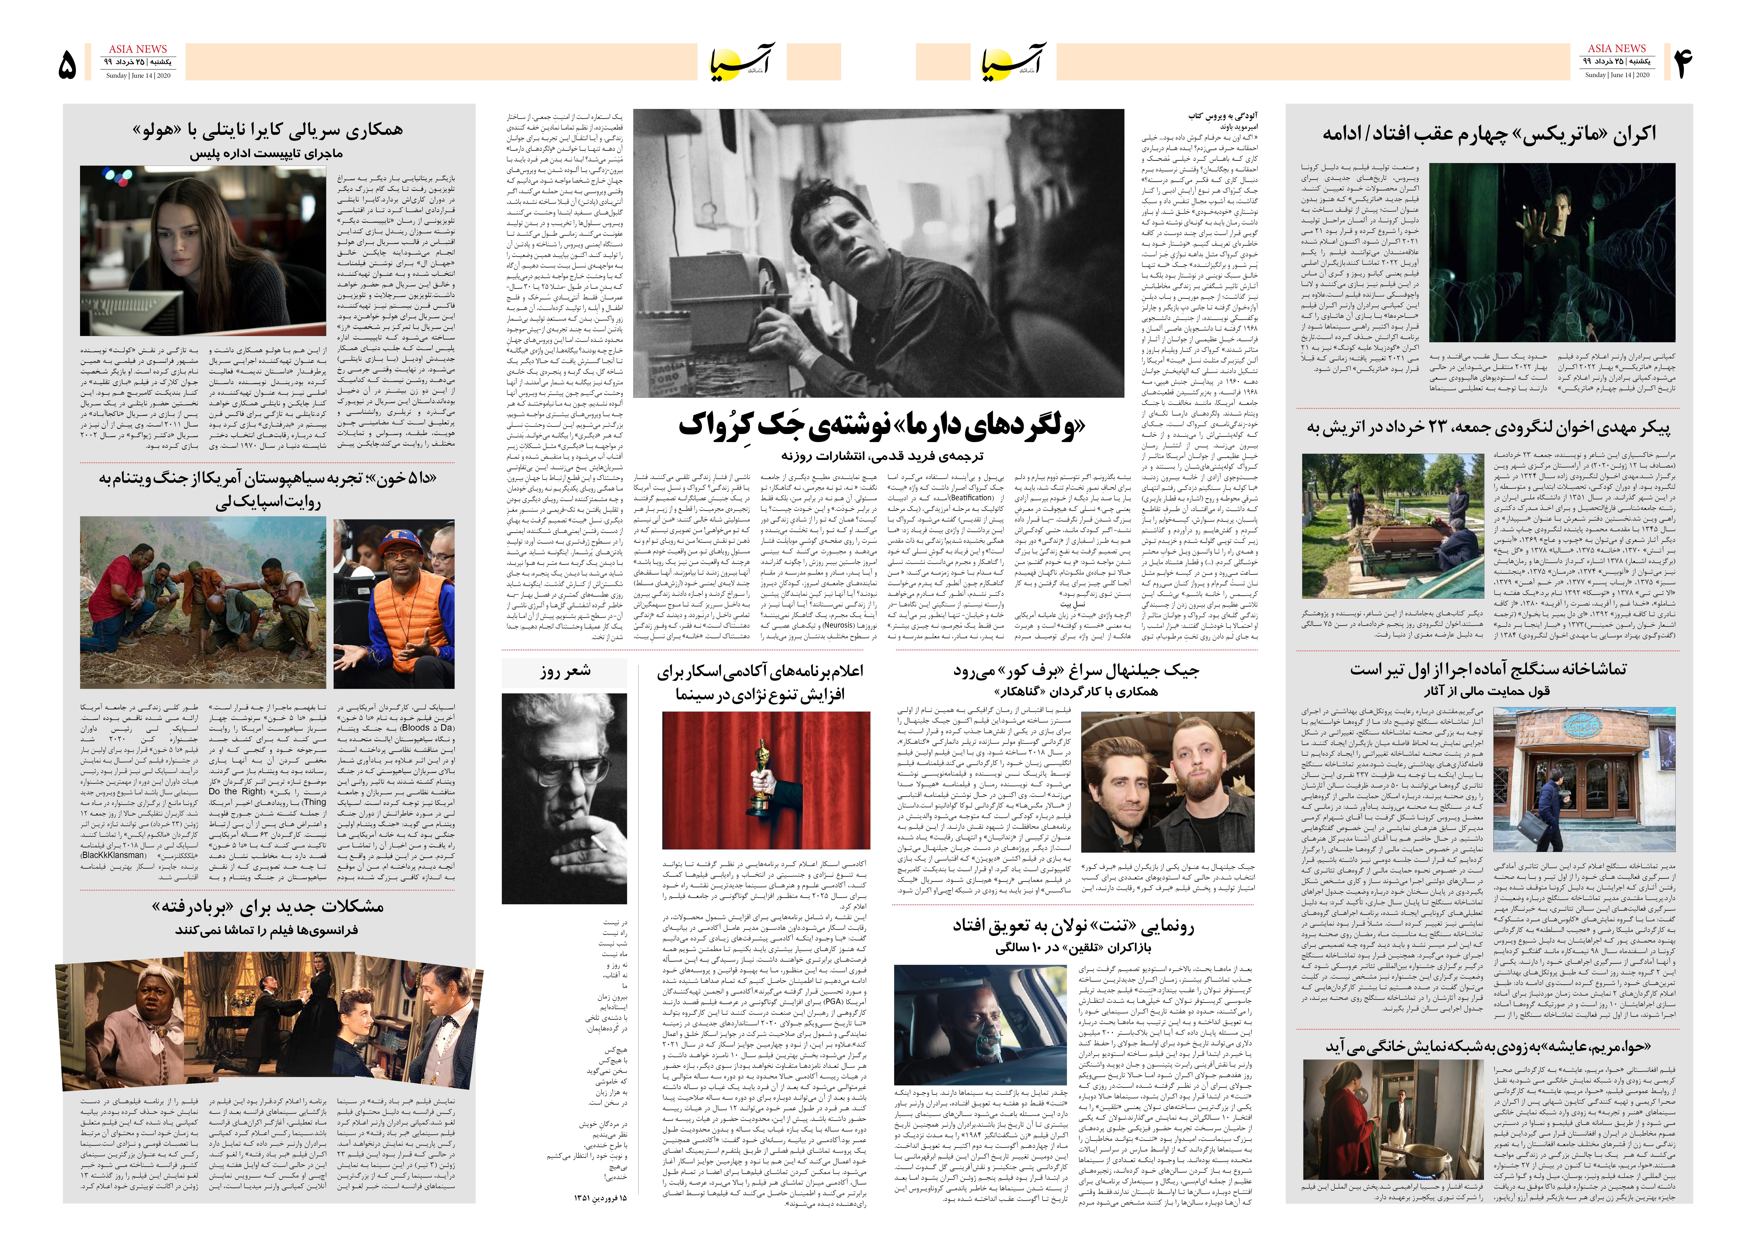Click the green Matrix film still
1552,252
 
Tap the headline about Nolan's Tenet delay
1073,926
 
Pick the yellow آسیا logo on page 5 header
739,62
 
